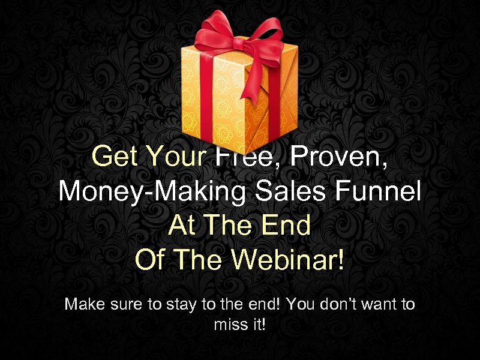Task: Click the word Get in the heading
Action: pyautogui.click(x=115, y=157)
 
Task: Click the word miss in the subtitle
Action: pyautogui.click(x=228, y=325)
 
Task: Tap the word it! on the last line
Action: pyautogui.click(x=258, y=325)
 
